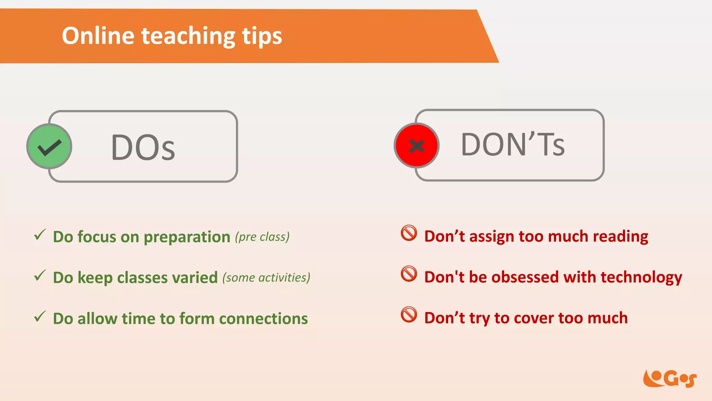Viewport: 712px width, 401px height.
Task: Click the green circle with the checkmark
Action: click(49, 146)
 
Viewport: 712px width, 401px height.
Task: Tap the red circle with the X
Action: click(416, 146)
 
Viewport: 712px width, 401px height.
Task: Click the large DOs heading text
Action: click(143, 148)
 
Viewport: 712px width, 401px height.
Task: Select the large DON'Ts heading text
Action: click(513, 144)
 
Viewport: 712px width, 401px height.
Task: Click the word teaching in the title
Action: click(188, 36)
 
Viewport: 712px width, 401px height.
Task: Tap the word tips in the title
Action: click(262, 37)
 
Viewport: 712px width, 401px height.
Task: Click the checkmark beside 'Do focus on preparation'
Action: click(40, 235)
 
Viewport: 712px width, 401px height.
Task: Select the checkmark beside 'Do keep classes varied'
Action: click(40, 276)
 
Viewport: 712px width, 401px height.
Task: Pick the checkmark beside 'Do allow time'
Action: click(40, 316)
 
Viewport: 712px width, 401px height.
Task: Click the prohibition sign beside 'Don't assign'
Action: click(409, 233)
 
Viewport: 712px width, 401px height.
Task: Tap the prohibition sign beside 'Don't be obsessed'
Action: click(409, 274)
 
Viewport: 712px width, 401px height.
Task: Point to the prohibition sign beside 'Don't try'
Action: click(409, 315)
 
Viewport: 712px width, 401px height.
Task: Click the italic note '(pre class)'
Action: click(262, 237)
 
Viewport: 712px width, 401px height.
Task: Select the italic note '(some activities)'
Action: click(266, 278)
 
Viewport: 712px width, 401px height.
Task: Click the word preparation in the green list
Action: click(187, 237)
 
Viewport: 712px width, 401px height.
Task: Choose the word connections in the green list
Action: click(263, 319)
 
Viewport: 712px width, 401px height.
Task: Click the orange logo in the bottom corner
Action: click(670, 378)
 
